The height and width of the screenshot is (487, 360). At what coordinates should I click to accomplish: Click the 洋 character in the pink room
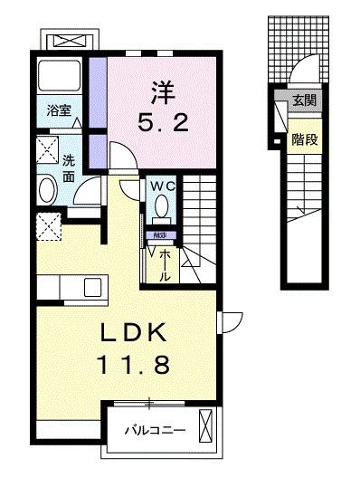[x=161, y=91]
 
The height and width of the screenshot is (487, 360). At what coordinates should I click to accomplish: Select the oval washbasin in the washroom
[x=46, y=190]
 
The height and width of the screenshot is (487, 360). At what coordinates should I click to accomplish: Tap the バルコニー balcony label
[x=156, y=430]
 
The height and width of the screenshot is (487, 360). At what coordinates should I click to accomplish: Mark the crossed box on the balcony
[x=206, y=425]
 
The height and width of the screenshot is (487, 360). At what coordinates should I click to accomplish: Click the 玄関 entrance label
[x=304, y=101]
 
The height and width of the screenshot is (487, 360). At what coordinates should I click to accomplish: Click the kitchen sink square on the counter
[x=92, y=289]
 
